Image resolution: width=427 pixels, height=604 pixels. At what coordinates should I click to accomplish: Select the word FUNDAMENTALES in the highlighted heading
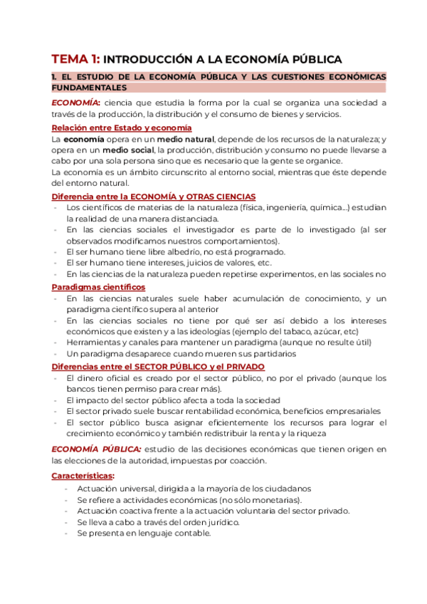pos(89,87)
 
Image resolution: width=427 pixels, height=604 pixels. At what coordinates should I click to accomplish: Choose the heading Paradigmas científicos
pos(97,286)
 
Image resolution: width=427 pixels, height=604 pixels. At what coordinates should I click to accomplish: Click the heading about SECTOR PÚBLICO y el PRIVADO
pos(158,366)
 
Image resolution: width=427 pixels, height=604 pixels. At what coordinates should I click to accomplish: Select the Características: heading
pos(83,475)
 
